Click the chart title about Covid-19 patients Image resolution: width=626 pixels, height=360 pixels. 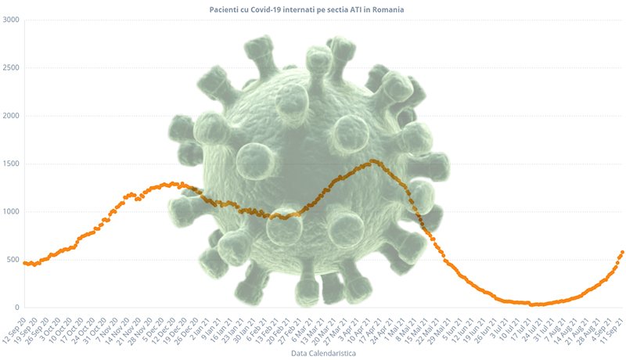click(x=312, y=9)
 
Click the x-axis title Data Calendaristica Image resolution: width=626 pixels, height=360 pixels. click(x=312, y=354)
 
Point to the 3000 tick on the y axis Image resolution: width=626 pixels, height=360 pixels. click(x=11, y=19)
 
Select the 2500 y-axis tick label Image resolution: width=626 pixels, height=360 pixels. click(x=11, y=67)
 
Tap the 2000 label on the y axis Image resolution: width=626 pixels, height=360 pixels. click(x=11, y=116)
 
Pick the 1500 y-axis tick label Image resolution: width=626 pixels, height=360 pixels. click(x=11, y=164)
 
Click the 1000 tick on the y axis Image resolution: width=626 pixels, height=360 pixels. click(x=11, y=212)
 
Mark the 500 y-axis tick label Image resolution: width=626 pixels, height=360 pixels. click(x=13, y=260)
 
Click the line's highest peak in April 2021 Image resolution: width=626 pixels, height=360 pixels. click(x=374, y=161)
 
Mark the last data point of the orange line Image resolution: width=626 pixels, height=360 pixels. click(x=622, y=252)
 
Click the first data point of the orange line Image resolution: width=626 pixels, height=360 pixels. click(x=24, y=263)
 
